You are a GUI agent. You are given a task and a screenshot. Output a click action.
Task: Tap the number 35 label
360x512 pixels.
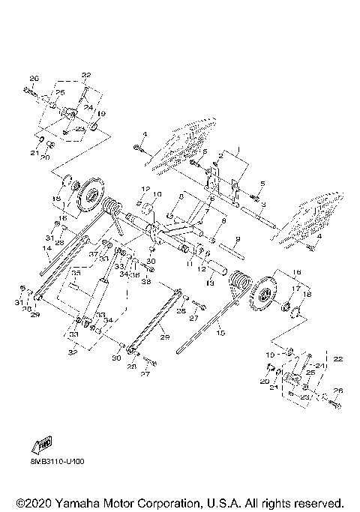click(75, 273)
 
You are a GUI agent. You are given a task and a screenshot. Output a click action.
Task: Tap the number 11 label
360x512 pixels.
click(190, 265)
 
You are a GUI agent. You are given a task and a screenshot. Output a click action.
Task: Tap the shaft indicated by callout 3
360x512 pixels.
click(255, 217)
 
